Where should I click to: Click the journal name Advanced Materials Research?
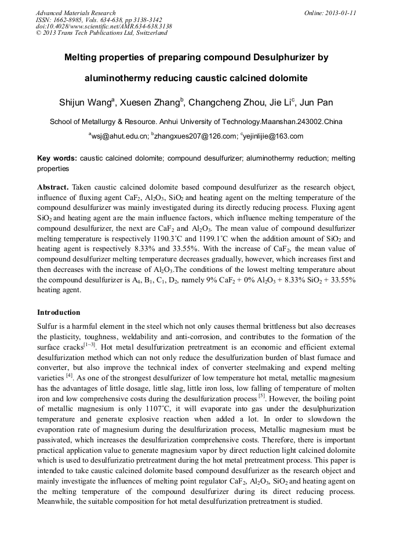tap(75, 13)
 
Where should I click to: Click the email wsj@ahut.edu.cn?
tap(119, 136)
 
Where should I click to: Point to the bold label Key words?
tap(57, 158)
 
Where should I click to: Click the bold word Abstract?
tap(53, 187)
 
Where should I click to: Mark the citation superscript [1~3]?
tap(90, 344)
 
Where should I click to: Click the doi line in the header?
tap(104, 27)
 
